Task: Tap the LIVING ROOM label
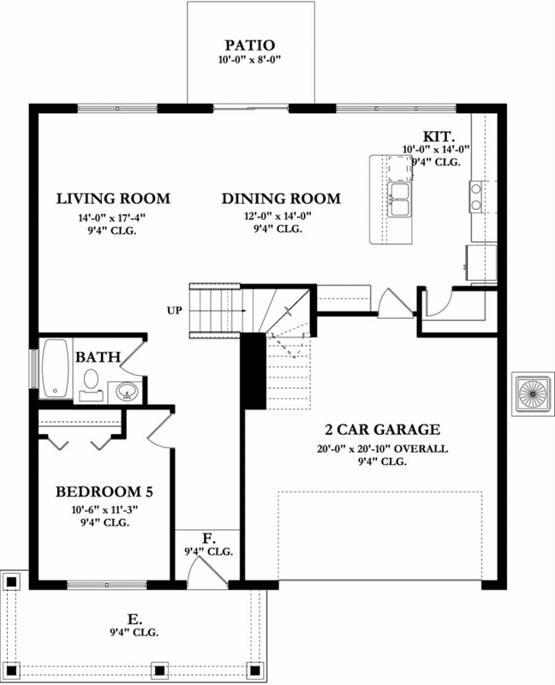113,199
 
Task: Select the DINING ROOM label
281,199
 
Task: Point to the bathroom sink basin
128,392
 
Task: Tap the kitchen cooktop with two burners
475,196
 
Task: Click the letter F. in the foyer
208,538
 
